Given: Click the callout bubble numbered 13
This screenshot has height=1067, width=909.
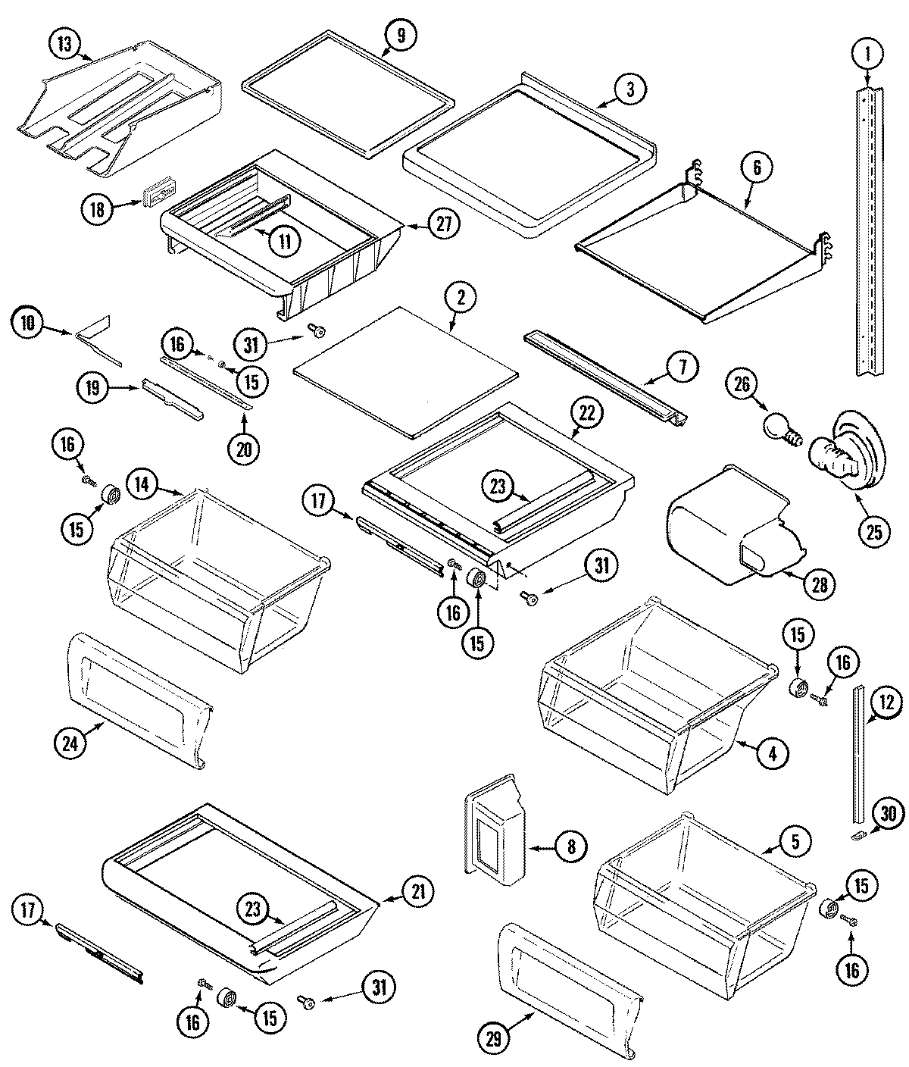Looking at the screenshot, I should click(x=66, y=44).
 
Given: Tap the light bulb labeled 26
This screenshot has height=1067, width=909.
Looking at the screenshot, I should click(x=779, y=426).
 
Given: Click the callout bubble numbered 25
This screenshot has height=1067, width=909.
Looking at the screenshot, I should click(x=873, y=531).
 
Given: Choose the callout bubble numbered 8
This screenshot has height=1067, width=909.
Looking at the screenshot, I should click(x=570, y=846).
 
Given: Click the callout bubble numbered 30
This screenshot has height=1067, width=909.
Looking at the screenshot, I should click(x=888, y=815).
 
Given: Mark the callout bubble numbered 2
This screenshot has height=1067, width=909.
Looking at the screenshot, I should click(x=461, y=297).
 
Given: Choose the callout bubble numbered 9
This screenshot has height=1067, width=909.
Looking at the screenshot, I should click(x=399, y=34).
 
